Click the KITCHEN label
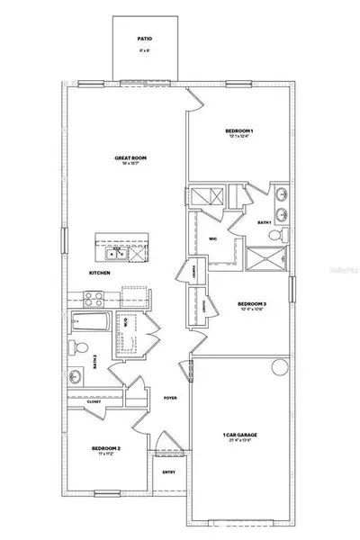99,272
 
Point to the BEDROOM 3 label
252,304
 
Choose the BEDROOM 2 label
106,447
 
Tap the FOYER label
168,397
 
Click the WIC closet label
213,238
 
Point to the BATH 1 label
264,221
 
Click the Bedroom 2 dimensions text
106,454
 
